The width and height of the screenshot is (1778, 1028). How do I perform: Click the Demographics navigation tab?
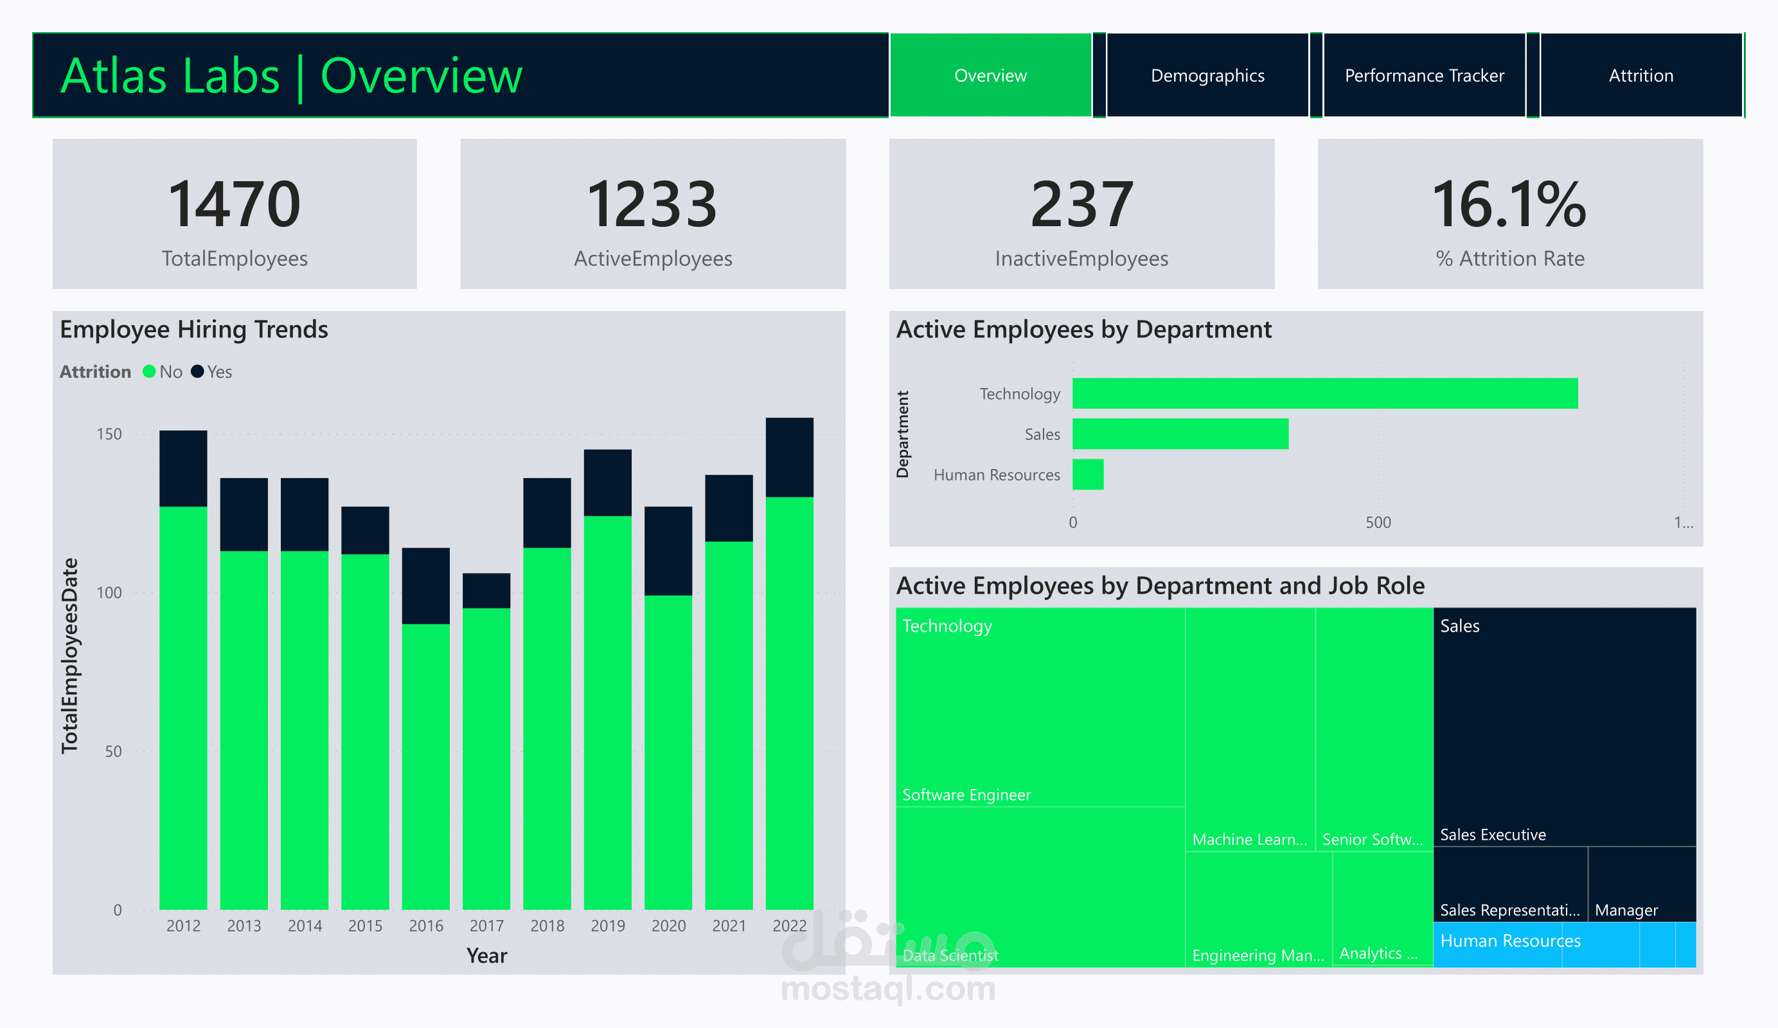tap(1207, 76)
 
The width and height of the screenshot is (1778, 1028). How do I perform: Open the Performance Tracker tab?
tap(1424, 76)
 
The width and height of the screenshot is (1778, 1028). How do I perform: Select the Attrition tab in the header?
tap(1640, 76)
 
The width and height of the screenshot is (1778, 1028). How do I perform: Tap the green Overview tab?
tap(990, 76)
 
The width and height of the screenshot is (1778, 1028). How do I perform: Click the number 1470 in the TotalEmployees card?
tap(235, 204)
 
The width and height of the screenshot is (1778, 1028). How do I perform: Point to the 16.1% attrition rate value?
tap(1509, 204)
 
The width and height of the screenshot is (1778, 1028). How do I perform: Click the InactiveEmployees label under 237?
tap(1081, 259)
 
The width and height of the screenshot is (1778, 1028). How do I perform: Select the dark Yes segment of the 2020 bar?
tap(668, 551)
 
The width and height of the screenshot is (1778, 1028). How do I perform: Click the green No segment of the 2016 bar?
tap(425, 765)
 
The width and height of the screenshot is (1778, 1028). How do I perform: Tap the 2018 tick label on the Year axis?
tap(547, 926)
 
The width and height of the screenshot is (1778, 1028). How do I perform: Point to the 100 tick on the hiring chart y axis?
tap(109, 592)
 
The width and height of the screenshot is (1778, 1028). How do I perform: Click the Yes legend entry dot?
tap(197, 372)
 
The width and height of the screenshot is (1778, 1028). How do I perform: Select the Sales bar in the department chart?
tap(1180, 434)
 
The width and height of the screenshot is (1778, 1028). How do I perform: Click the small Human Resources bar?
tap(1088, 474)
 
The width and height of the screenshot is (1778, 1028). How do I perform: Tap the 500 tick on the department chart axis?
tap(1377, 523)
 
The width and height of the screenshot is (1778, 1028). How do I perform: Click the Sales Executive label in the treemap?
tap(1492, 835)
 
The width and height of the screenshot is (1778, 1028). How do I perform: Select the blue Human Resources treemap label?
tap(1510, 941)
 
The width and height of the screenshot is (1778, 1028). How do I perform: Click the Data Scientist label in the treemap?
tap(950, 955)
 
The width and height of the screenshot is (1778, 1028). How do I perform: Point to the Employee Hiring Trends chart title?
tap(194, 330)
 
